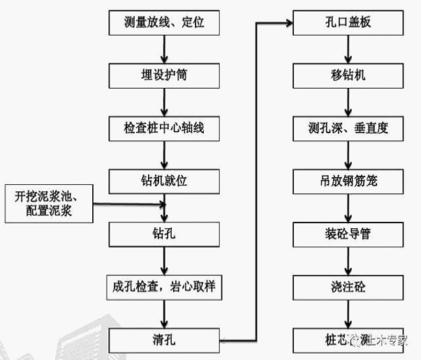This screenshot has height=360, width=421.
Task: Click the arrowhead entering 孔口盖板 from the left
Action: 287,23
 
